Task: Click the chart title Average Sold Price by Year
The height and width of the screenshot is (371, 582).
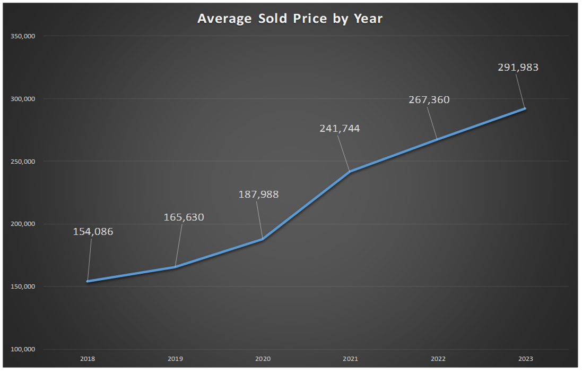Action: tap(290, 19)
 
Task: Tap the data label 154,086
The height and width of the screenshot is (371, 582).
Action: tap(93, 232)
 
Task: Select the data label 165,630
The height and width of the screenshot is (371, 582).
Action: tap(184, 217)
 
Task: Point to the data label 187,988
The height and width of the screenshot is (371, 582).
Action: tap(258, 195)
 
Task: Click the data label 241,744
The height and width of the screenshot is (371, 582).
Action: tap(340, 129)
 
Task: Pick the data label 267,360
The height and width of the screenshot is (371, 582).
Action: tap(429, 100)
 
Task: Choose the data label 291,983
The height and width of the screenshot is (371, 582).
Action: tap(518, 68)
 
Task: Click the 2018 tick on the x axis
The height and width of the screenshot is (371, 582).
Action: tap(88, 359)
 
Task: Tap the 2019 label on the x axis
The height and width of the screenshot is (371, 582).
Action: tap(175, 359)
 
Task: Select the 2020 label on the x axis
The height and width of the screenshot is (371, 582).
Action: tap(263, 359)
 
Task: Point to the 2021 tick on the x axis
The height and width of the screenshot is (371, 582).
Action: tap(350, 359)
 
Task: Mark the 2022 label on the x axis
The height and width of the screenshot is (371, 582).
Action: tap(438, 359)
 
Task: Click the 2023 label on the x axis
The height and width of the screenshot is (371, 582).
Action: tap(525, 359)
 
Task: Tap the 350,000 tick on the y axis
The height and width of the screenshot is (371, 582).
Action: tap(23, 36)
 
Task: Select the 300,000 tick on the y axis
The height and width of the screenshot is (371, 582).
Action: tap(23, 99)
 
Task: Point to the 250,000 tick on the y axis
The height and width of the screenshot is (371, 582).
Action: tap(23, 161)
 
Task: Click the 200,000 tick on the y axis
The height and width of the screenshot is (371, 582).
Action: tap(23, 224)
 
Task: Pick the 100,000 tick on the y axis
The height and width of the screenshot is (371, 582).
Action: tap(23, 349)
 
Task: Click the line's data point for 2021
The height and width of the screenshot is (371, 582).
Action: tap(350, 171)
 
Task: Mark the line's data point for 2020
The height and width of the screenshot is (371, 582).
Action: tap(263, 239)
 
